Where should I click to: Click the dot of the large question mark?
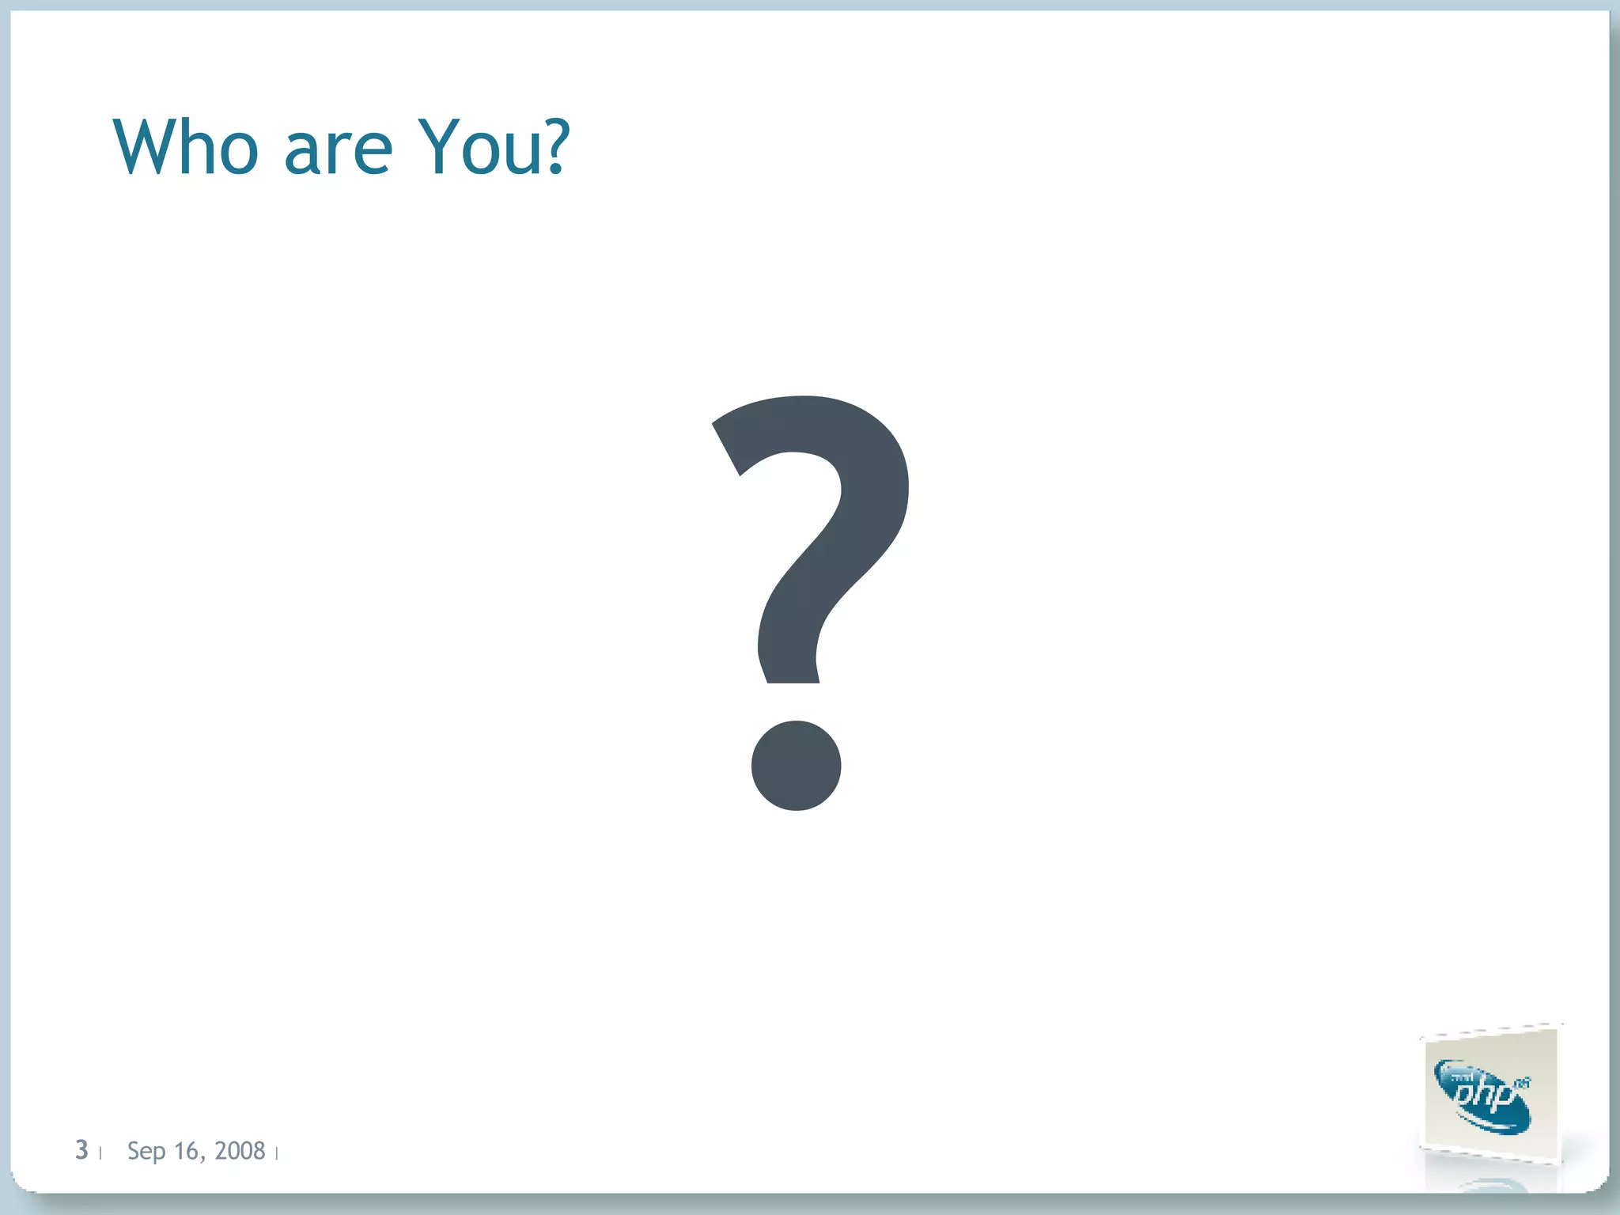pos(796,766)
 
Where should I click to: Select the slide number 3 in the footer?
pos(81,1150)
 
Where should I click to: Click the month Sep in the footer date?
pos(146,1152)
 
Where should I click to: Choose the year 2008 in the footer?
pos(240,1150)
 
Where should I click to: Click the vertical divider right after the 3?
pos(100,1154)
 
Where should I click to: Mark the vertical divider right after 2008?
pos(277,1154)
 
